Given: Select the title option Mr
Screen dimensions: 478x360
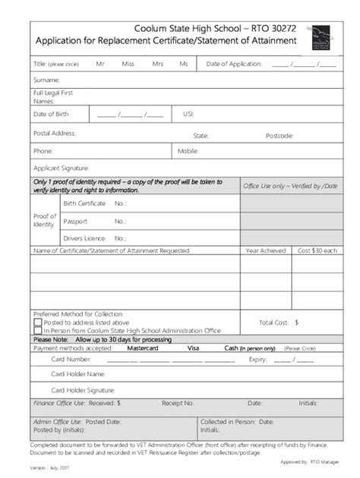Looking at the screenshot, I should [99, 64].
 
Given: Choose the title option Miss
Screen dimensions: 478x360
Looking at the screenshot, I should [128, 64].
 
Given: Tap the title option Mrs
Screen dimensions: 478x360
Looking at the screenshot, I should [157, 64].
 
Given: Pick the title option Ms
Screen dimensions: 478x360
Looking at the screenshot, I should [183, 64].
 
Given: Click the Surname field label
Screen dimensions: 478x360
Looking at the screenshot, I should [46, 80].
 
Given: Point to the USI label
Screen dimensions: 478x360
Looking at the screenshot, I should [188, 115].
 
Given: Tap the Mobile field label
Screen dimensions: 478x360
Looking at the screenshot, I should [188, 151].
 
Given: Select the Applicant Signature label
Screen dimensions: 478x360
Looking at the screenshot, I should [61, 168].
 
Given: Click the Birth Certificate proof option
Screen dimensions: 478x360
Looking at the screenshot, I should [84, 203].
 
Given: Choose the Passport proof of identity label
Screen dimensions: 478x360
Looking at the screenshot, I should [75, 221].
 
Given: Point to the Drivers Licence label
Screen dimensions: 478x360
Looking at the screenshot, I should [84, 238].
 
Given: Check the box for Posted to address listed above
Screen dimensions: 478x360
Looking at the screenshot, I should [38, 322].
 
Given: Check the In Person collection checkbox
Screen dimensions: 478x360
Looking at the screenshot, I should [38, 331].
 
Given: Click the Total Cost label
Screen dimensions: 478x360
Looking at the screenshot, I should [275, 322].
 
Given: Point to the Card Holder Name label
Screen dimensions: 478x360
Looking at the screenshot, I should [77, 374].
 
